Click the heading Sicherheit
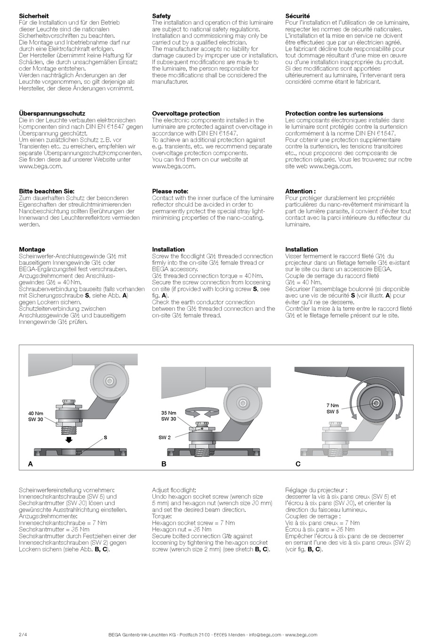[x=33, y=16]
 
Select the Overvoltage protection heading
[x=186, y=113]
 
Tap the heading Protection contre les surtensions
[x=334, y=113]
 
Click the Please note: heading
[x=170, y=191]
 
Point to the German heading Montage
[x=32, y=250]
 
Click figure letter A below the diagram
[x=31, y=464]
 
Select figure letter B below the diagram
[x=164, y=464]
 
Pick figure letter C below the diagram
[x=298, y=464]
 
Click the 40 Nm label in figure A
[x=36, y=414]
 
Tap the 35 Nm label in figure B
[x=168, y=413]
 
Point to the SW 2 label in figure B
[x=164, y=438]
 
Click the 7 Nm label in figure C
[x=332, y=405]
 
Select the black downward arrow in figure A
[x=69, y=440]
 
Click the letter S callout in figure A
[x=105, y=437]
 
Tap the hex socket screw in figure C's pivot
[x=376, y=403]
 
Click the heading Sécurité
[x=297, y=16]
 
